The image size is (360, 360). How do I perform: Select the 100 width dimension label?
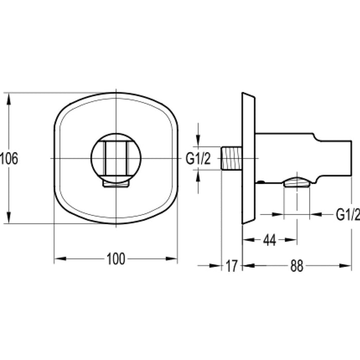tap(116, 259)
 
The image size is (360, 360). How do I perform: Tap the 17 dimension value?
tap(231, 265)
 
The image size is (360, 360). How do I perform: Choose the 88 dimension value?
tap(297, 265)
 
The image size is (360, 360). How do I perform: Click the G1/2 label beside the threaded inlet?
tap(198, 158)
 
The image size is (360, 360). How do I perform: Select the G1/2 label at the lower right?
tap(347, 214)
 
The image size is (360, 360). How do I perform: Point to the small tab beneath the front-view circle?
tap(116, 183)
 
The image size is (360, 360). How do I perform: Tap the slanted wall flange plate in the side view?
tap(248, 158)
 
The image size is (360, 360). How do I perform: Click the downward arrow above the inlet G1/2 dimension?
tap(199, 141)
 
